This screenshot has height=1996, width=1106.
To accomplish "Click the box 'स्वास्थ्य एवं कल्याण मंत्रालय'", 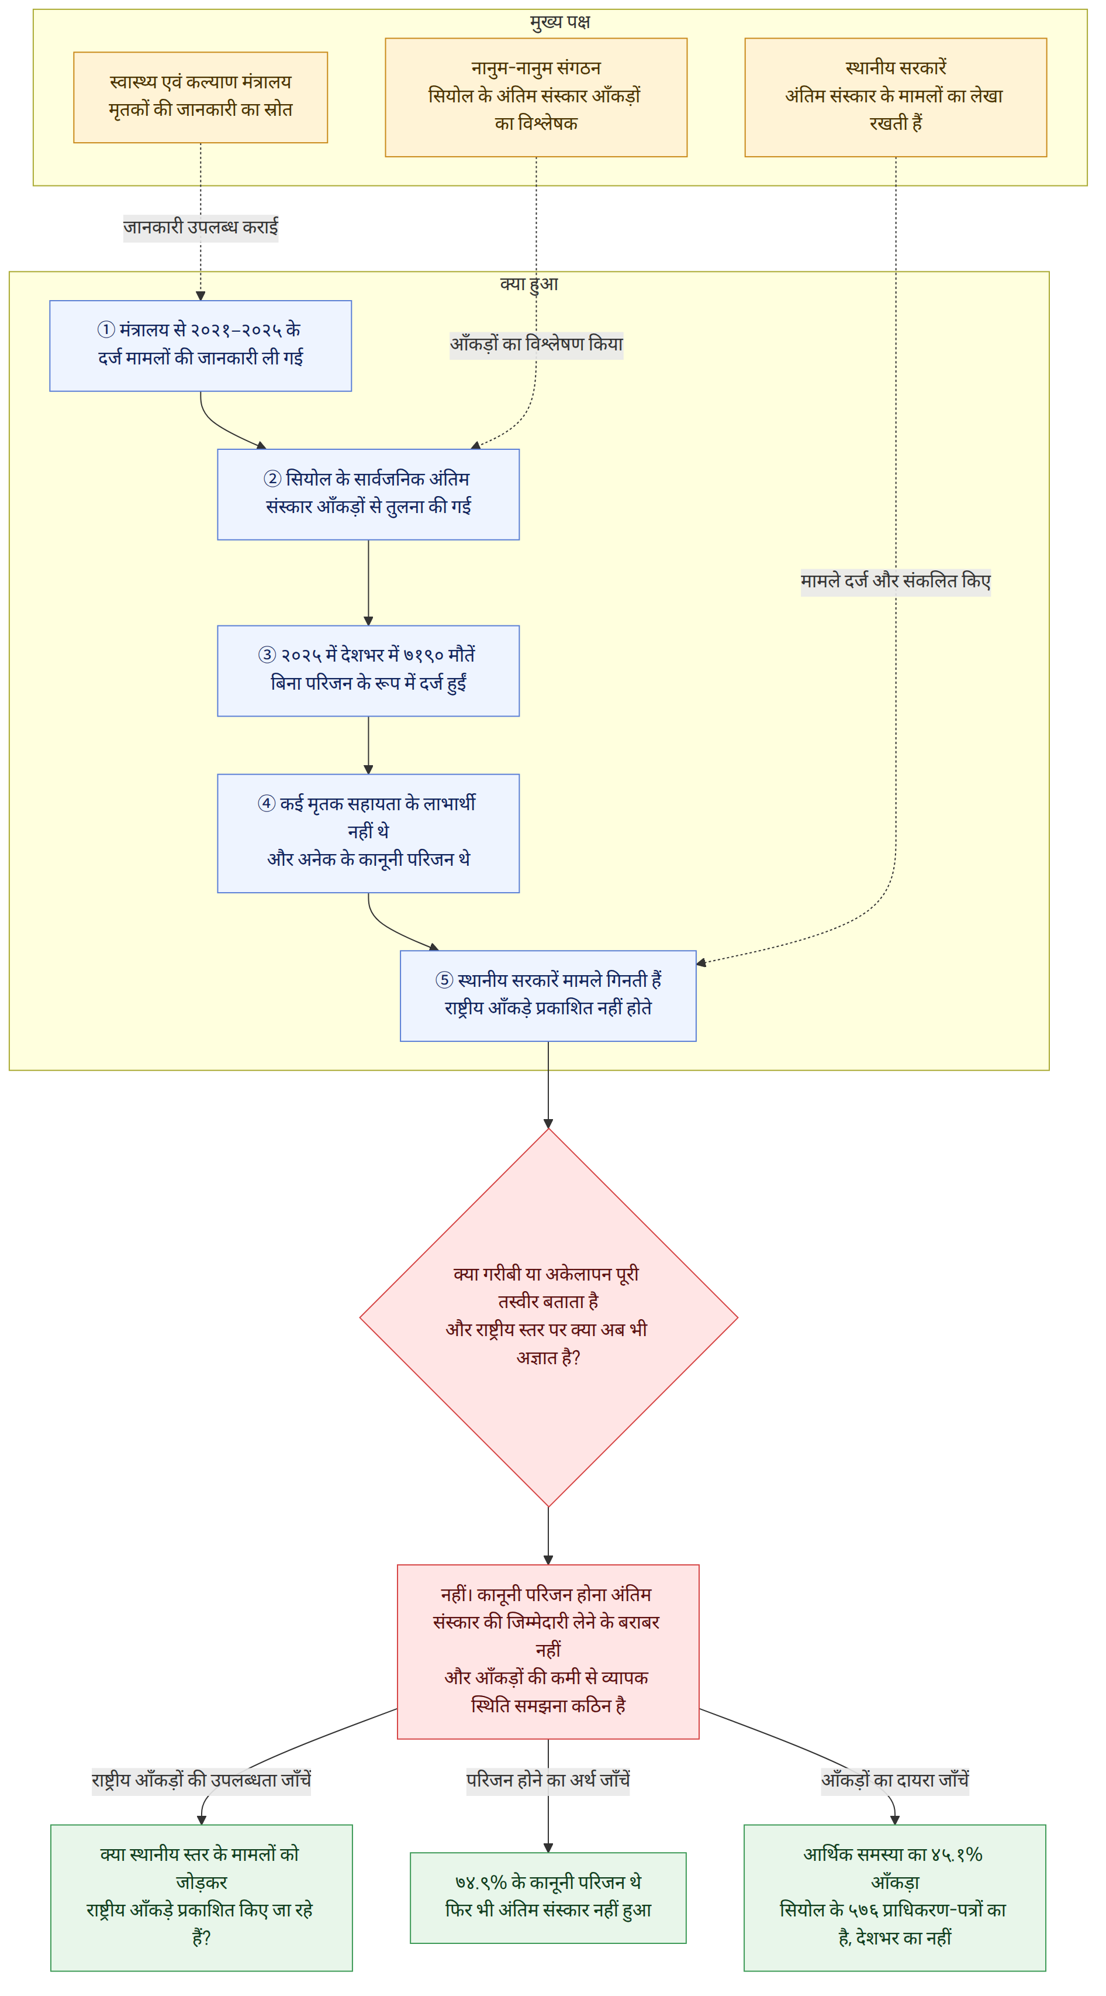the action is (x=201, y=98).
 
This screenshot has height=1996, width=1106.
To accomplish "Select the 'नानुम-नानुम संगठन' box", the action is (x=536, y=98).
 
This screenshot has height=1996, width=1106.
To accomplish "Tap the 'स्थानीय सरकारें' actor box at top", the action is (x=896, y=98).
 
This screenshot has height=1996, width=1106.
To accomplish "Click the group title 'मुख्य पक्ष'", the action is (x=560, y=22).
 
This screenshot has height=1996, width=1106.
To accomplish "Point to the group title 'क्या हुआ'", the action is (x=529, y=284).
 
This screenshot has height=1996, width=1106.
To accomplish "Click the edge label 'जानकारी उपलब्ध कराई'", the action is (x=201, y=228).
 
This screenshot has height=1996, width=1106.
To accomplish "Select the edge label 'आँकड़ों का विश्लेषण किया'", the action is (x=537, y=345).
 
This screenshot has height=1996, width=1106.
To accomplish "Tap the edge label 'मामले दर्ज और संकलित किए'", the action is (x=896, y=581).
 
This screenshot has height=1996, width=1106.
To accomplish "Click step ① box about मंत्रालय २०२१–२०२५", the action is (x=201, y=346).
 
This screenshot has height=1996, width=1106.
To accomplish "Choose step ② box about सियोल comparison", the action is (x=369, y=494).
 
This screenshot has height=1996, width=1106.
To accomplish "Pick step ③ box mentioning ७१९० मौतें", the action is (x=369, y=671).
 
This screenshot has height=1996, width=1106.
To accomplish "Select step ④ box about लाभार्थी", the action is (x=369, y=833).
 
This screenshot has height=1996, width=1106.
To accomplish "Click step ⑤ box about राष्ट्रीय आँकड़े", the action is (x=548, y=996).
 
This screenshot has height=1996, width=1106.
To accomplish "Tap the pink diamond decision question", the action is (x=548, y=1317).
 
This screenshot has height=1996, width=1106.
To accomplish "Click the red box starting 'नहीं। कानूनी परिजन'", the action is (x=548, y=1652).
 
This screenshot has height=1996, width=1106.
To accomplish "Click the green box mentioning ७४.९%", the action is (x=548, y=1898).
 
